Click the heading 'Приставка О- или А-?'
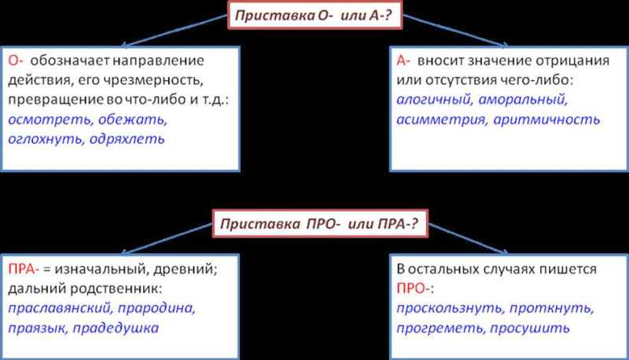[313, 15]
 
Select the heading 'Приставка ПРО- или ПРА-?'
[319, 223]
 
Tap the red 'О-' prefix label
[16, 61]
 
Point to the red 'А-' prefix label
[403, 61]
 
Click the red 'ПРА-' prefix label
[24, 269]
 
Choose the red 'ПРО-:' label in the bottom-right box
[415, 288]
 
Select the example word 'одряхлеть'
[127, 139]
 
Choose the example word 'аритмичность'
[546, 119]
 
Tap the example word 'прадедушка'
[116, 328]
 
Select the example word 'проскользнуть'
[449, 308]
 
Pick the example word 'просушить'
[529, 328]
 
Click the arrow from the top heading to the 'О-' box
[175, 30]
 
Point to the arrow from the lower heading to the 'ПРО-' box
[468, 239]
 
